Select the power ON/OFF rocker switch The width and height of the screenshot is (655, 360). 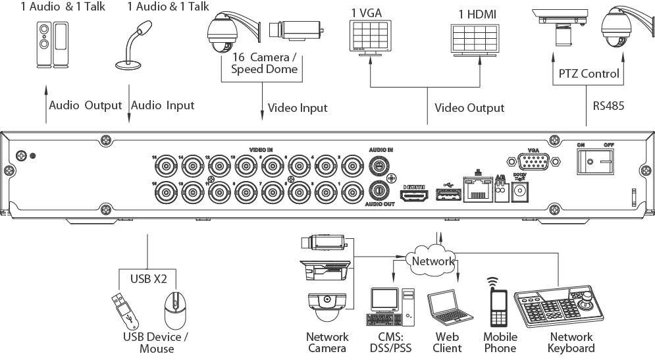click(x=595, y=159)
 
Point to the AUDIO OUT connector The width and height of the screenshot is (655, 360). click(x=379, y=190)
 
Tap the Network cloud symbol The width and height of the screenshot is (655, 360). click(x=432, y=261)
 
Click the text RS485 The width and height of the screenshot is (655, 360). click(x=605, y=104)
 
